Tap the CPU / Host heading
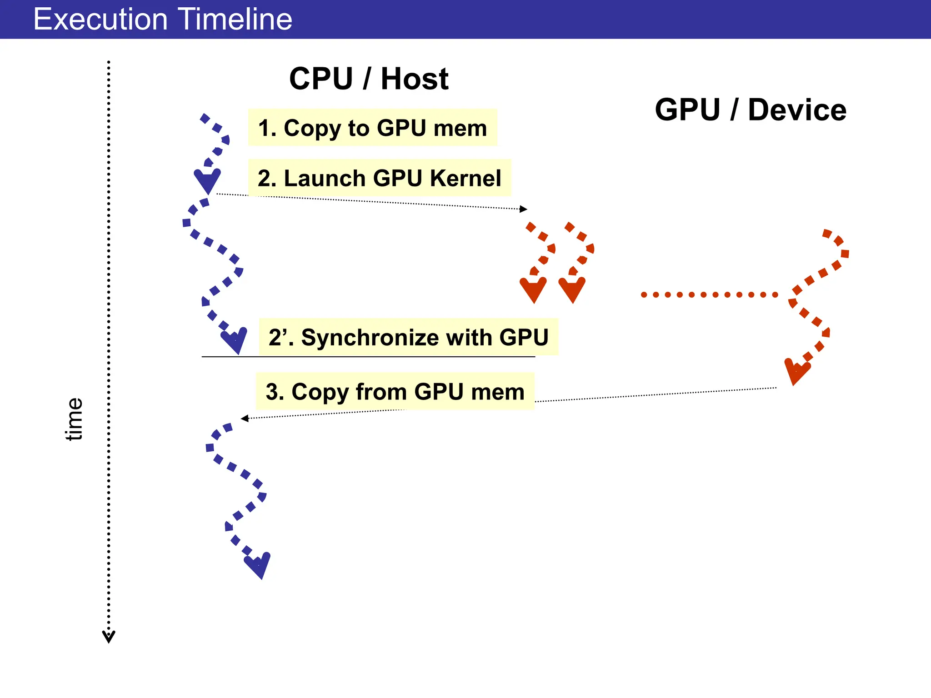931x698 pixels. point(369,79)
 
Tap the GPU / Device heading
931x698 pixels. point(750,110)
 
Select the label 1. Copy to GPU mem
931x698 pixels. point(372,128)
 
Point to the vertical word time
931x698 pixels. point(74,419)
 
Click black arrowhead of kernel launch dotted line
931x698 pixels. point(523,209)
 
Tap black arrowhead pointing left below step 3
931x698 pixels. point(245,418)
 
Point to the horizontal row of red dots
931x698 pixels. point(709,295)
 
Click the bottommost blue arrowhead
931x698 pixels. point(259,565)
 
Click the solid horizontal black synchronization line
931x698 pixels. point(368,357)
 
